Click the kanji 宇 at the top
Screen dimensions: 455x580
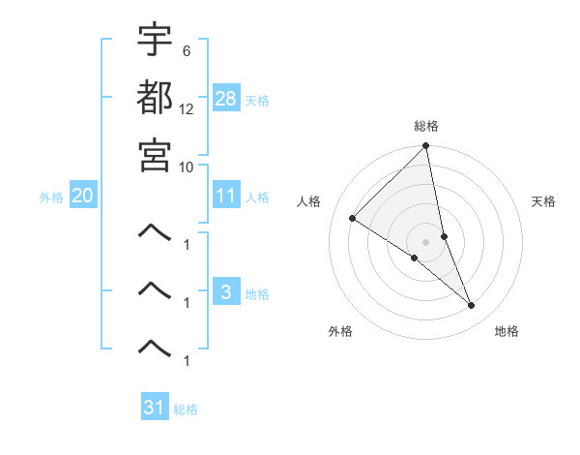coord(155,40)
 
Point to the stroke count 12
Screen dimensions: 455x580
coord(187,108)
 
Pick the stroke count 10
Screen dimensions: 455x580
coord(187,166)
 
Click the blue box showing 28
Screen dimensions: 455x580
coord(226,99)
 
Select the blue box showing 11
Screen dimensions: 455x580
coord(226,196)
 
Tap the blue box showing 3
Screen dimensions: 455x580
coord(226,292)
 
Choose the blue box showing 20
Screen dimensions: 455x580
coord(82,196)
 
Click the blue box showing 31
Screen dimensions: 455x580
coord(155,408)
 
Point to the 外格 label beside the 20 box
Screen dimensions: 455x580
coord(51,197)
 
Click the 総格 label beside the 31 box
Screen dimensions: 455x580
coord(186,409)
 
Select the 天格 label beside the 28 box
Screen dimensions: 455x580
coord(257,100)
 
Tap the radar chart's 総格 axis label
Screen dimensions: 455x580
coord(426,126)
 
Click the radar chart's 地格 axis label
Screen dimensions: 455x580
coord(507,331)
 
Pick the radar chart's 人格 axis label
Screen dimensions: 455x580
coord(309,201)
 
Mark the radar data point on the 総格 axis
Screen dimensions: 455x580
coord(426,147)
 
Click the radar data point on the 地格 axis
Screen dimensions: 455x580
coord(472,306)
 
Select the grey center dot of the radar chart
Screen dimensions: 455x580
coord(426,241)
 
